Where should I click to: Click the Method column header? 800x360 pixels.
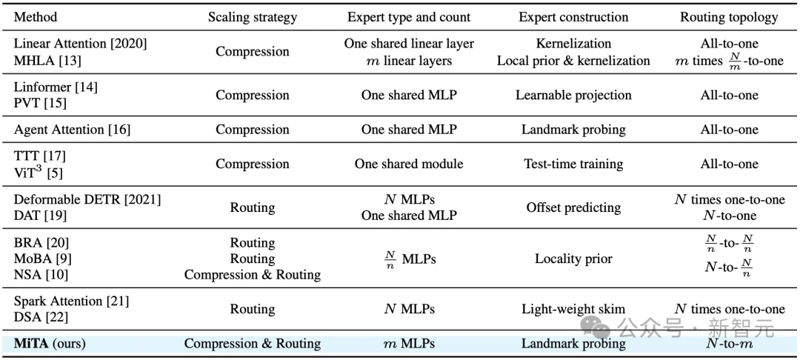(36, 17)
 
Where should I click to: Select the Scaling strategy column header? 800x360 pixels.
(252, 17)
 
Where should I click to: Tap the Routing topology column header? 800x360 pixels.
(729, 17)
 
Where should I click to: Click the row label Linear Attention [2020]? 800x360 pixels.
(81, 44)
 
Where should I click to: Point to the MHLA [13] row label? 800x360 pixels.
(47, 61)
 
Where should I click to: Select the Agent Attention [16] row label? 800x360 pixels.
(72, 130)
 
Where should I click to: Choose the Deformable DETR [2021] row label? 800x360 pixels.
(87, 199)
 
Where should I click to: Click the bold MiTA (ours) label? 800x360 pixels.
(50, 344)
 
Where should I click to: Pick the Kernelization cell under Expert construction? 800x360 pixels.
(573, 44)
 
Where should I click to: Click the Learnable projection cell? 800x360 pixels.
(573, 96)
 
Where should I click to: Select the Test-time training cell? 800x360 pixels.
(573, 164)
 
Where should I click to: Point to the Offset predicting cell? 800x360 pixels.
(573, 207)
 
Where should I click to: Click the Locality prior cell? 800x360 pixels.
(573, 259)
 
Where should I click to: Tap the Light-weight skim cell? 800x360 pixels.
(573, 309)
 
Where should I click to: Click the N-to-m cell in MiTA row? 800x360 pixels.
(729, 344)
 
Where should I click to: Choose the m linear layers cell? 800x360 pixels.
(409, 61)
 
